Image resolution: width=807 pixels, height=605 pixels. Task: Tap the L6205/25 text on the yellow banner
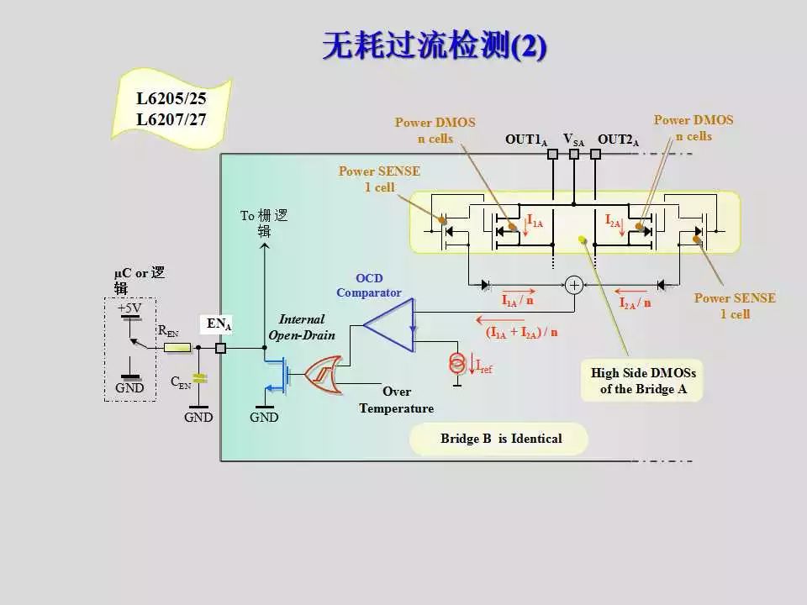point(171,99)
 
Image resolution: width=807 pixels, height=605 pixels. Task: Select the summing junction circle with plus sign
point(575,285)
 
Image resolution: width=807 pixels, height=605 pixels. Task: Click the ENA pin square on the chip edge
point(221,348)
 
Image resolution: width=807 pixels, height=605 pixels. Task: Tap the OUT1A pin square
point(553,155)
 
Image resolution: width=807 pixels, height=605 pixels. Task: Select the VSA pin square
point(574,155)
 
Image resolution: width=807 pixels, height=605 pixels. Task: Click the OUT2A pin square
point(595,155)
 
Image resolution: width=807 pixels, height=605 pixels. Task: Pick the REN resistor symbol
point(177,347)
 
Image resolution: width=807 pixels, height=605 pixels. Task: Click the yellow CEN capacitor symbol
point(199,378)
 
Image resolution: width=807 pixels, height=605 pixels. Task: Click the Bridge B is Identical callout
point(500,439)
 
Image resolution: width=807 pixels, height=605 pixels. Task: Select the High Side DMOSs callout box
point(643,381)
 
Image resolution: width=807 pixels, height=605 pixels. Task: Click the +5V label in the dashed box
point(129,308)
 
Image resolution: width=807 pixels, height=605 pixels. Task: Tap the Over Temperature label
point(397,400)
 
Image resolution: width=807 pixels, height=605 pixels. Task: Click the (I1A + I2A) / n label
point(521,333)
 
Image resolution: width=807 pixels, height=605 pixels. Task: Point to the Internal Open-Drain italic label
point(302,327)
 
